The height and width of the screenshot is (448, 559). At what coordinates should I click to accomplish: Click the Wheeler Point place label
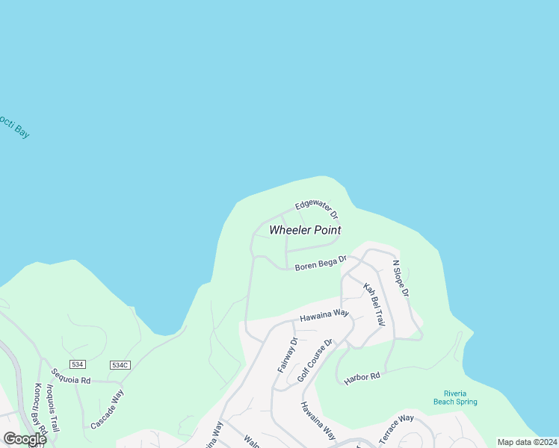pyautogui.click(x=305, y=230)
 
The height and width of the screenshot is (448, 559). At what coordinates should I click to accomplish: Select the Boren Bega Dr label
pyautogui.click(x=321, y=264)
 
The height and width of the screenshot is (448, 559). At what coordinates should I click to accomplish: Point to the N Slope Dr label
pyautogui.click(x=401, y=279)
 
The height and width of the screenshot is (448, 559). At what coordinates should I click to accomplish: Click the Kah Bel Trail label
pyautogui.click(x=374, y=304)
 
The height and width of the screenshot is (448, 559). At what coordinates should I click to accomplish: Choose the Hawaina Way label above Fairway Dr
pyautogui.click(x=324, y=316)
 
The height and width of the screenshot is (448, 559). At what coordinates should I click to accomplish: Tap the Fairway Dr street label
pyautogui.click(x=287, y=355)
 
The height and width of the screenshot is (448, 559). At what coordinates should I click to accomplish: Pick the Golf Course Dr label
pyautogui.click(x=314, y=362)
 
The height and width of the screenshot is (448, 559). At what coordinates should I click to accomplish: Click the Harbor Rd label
pyautogui.click(x=362, y=379)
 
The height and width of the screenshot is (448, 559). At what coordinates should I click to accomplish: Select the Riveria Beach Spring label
pyautogui.click(x=455, y=397)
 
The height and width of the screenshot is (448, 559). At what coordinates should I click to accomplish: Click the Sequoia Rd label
pyautogui.click(x=70, y=376)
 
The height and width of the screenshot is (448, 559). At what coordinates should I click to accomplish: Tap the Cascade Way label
pyautogui.click(x=107, y=408)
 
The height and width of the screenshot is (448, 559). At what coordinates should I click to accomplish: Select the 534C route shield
pyautogui.click(x=120, y=364)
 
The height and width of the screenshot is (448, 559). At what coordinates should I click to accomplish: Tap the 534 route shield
pyautogui.click(x=78, y=364)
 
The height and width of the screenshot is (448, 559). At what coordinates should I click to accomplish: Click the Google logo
pyautogui.click(x=25, y=439)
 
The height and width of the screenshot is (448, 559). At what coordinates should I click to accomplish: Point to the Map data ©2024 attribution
pyautogui.click(x=526, y=442)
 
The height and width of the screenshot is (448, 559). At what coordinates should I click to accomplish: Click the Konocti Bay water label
pyautogui.click(x=13, y=125)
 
